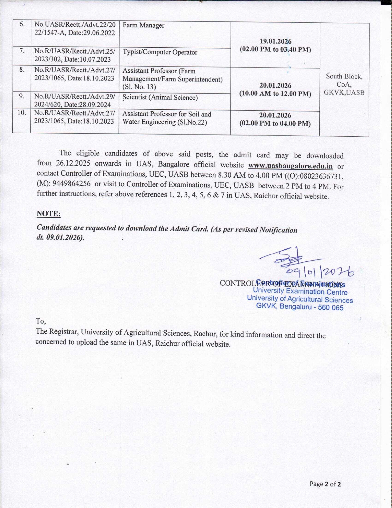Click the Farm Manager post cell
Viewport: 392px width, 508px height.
(143, 26)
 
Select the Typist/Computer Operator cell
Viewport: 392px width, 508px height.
(160, 52)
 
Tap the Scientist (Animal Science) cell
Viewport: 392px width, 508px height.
(160, 98)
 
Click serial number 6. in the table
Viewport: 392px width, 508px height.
(22, 24)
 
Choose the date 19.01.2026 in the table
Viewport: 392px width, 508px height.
(275, 41)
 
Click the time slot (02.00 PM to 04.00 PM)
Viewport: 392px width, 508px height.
(275, 124)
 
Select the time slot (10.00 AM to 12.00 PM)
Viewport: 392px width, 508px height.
(275, 94)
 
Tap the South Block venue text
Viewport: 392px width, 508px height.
(344, 76)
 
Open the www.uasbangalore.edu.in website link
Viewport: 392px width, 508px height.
(290, 166)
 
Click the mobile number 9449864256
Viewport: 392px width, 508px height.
(72, 184)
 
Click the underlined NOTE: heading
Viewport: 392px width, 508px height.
(48, 213)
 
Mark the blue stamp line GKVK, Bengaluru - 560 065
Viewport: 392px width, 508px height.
(300, 307)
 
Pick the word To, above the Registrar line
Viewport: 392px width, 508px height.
(41, 321)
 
